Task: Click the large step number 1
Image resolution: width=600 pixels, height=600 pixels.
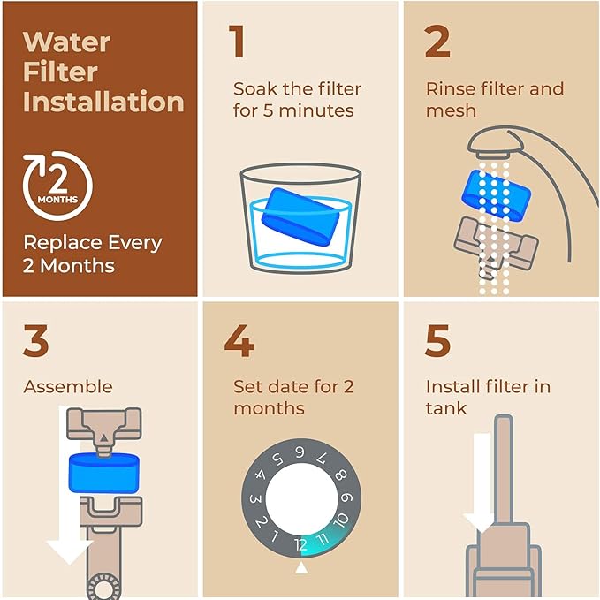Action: point(236,42)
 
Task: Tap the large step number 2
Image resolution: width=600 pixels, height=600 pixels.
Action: point(437,42)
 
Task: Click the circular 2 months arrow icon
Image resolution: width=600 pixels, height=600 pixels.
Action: point(57,187)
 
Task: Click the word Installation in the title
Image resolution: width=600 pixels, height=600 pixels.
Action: point(103,101)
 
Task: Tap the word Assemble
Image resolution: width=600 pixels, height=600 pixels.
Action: point(68,386)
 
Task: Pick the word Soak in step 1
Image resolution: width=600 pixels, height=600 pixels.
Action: point(254,88)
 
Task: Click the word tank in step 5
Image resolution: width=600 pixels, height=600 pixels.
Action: point(446,408)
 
